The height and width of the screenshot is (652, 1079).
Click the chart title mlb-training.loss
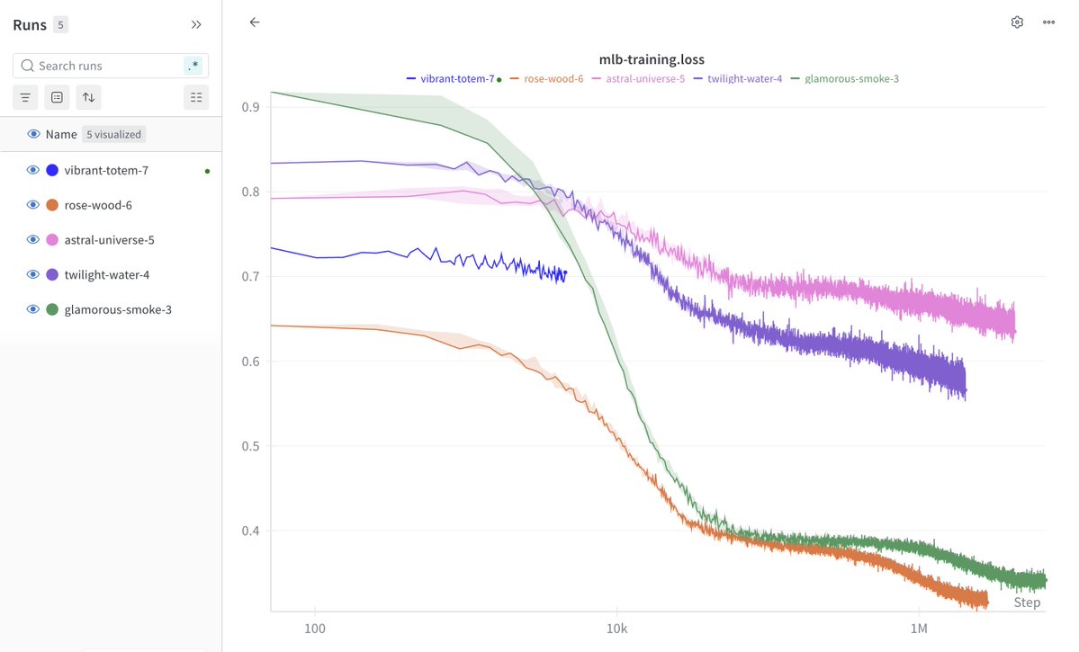pos(652,59)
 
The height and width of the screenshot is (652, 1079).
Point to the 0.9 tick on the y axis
pos(251,107)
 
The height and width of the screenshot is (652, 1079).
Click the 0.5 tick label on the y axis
pos(251,446)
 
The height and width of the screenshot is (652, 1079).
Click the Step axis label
pos(1027,603)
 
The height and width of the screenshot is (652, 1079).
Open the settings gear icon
pos(1017,22)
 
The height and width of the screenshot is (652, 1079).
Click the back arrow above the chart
pos(255,22)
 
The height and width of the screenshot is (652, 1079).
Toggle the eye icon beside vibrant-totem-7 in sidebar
pos(32,170)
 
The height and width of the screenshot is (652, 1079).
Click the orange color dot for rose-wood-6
pos(52,205)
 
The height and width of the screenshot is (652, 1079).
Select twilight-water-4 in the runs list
pos(106,274)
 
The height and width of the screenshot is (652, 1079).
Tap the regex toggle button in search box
pos(193,66)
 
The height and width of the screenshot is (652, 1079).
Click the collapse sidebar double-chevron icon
pos(196,24)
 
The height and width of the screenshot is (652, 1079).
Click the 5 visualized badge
pos(114,134)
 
